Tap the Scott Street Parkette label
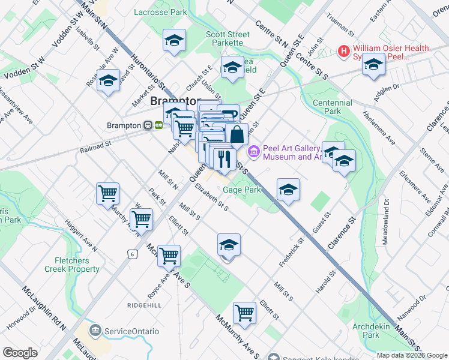coord(228,38)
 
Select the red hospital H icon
coord(344,52)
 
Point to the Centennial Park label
coord(332,107)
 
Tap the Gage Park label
coord(242,190)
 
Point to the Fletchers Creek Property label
coord(76,265)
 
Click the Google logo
coord(20,352)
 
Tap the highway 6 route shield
coord(131,254)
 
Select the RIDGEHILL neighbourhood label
coord(144,305)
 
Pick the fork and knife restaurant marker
coord(223,159)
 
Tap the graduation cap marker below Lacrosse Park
coord(175,41)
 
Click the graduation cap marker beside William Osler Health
coord(373,64)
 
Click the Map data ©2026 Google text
coord(412,355)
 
